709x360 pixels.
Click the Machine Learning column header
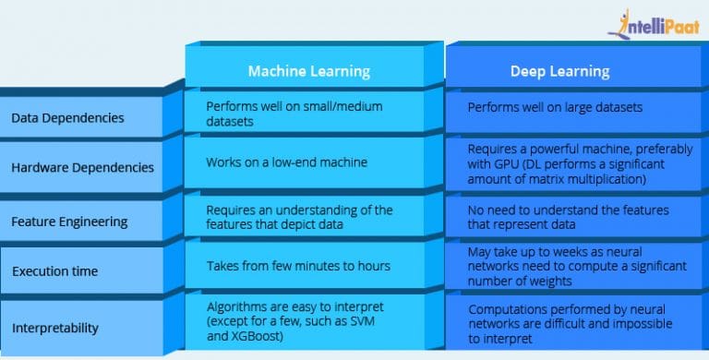point(307,71)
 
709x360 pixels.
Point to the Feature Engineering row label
point(70,222)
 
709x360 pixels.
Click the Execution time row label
point(56,271)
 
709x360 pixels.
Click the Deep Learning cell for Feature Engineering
point(568,216)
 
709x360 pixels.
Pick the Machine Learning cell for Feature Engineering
point(299,217)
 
